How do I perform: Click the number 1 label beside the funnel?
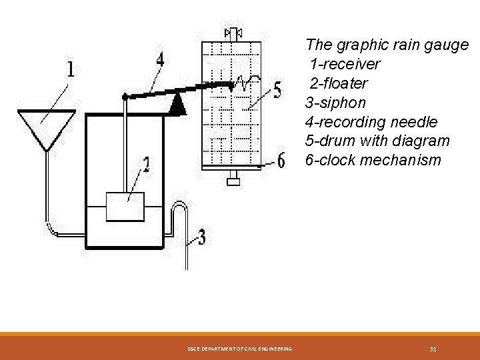pyautogui.click(x=70, y=70)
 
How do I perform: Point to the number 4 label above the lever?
pyautogui.click(x=160, y=61)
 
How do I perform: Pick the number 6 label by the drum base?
pyautogui.click(x=281, y=161)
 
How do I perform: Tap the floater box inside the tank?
pyautogui.click(x=125, y=207)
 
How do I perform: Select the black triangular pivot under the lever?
pyautogui.click(x=177, y=103)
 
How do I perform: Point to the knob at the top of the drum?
pyautogui.click(x=234, y=32)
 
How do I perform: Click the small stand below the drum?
pyautogui.click(x=234, y=179)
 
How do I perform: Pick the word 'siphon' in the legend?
pyautogui.click(x=343, y=103)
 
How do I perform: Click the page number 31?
pyautogui.click(x=433, y=349)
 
